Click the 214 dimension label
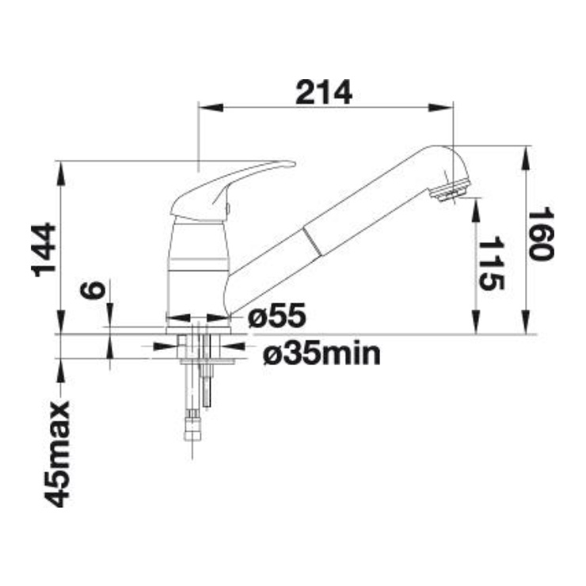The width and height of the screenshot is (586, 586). tap(324, 93)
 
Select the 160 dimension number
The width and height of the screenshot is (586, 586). tap(540, 234)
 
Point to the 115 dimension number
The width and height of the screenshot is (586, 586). tap(492, 264)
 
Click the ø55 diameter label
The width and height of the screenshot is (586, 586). tap(277, 315)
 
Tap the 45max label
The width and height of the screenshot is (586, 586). tap(57, 454)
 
